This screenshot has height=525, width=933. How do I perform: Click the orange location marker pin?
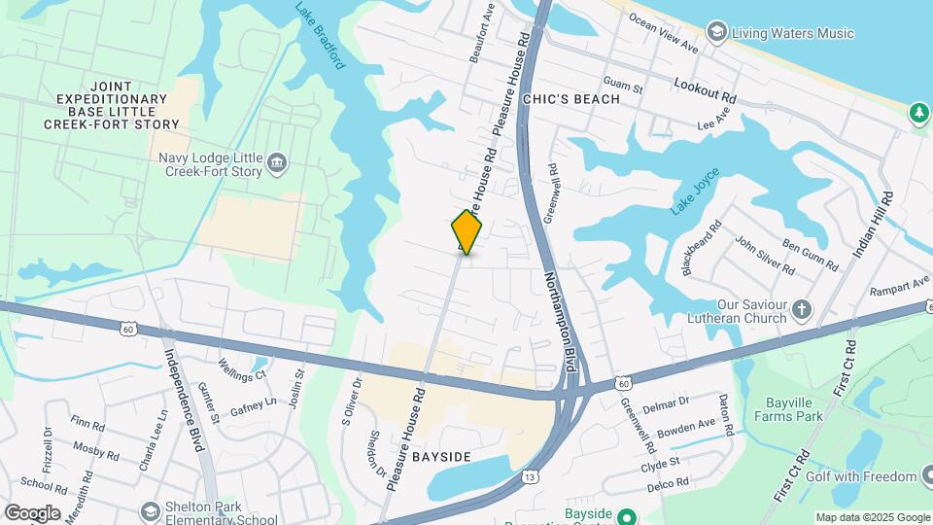[466, 231]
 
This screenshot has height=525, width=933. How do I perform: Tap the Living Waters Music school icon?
[717, 33]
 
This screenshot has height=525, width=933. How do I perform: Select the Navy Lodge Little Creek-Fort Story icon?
[277, 161]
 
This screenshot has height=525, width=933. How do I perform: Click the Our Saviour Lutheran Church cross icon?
[802, 310]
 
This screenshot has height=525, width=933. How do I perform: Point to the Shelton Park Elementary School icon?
[150, 510]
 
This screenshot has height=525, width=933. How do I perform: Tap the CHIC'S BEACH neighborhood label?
[570, 99]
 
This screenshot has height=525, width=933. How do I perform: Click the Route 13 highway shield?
[530, 476]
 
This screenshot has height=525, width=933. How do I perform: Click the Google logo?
[33, 512]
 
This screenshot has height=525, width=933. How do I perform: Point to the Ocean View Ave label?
[663, 32]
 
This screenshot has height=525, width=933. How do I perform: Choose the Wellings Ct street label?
[242, 370]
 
